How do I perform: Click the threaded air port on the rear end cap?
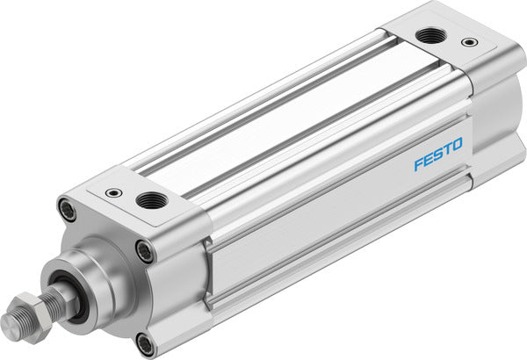pyautogui.click(x=430, y=36)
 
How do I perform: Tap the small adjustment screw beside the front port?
pyautogui.click(x=112, y=192)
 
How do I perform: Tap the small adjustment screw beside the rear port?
pyautogui.click(x=472, y=41)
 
